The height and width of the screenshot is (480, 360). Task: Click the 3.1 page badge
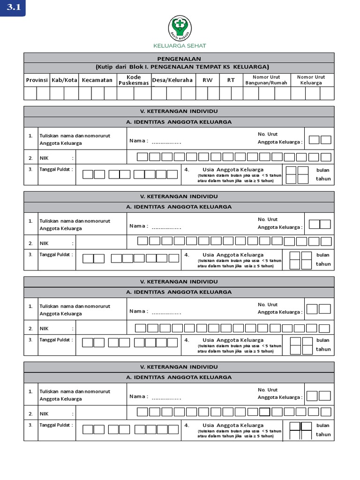coord(13,8)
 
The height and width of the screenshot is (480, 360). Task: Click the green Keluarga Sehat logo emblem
coord(180,28)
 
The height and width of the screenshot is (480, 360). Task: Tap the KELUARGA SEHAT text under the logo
coord(180,46)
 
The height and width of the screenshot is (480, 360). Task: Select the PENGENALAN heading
coord(179,59)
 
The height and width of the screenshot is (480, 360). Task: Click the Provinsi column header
coord(37,80)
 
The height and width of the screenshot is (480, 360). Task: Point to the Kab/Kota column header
coord(64,80)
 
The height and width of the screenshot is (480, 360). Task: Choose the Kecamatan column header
coord(97,80)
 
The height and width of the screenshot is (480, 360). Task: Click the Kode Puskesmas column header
coord(134,80)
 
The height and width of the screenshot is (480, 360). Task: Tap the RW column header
coord(207,80)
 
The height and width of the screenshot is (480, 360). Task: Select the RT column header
coord(231,80)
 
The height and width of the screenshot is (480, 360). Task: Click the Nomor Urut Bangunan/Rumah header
coord(266,80)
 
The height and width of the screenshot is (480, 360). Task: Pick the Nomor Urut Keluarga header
coord(311,80)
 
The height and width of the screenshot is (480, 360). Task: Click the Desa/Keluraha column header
coord(172,80)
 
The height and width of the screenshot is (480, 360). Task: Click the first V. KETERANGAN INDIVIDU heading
coord(179,111)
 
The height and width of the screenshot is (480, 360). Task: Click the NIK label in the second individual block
coord(44,243)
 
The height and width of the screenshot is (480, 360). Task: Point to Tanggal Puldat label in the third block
coord(56,340)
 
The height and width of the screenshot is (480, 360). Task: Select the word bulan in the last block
coord(323,426)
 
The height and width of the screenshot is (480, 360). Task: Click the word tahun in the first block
coord(323,179)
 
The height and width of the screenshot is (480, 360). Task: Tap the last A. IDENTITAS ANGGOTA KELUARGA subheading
coord(179,377)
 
